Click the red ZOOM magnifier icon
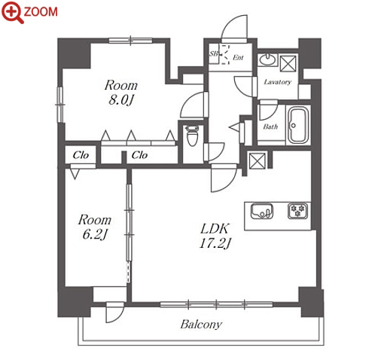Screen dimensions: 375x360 point(12,12)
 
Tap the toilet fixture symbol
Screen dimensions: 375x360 point(193,136)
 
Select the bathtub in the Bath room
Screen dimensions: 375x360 point(298,125)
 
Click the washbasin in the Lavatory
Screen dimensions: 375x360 point(267,59)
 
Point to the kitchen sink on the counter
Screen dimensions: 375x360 point(262,211)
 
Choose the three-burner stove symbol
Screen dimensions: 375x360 point(297,211)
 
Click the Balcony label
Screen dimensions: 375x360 point(201,325)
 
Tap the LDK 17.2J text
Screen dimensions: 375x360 point(215,236)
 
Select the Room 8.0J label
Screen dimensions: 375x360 point(121,93)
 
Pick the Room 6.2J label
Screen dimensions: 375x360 point(95,227)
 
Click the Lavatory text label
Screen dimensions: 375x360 point(278,82)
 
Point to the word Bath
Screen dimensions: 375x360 point(270,127)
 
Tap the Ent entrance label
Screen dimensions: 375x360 point(238,57)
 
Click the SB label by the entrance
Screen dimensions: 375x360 point(214,53)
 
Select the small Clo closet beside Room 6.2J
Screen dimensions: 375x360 point(81,155)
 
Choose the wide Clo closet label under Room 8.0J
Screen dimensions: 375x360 point(139,155)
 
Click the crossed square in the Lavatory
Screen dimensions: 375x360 point(288,63)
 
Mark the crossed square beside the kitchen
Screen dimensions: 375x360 point(257,160)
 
